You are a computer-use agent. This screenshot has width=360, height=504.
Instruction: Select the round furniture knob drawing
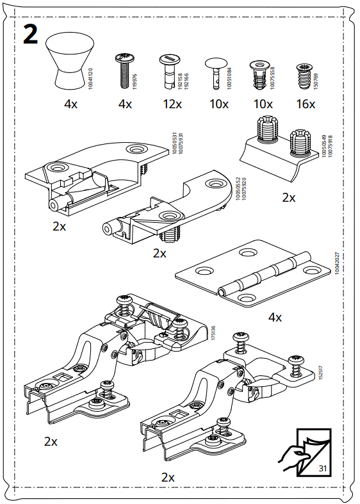click(70, 61)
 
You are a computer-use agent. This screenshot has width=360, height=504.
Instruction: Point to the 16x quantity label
click(306, 104)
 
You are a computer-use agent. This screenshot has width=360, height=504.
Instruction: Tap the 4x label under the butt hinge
click(275, 317)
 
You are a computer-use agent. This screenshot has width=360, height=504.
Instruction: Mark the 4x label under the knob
click(70, 104)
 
